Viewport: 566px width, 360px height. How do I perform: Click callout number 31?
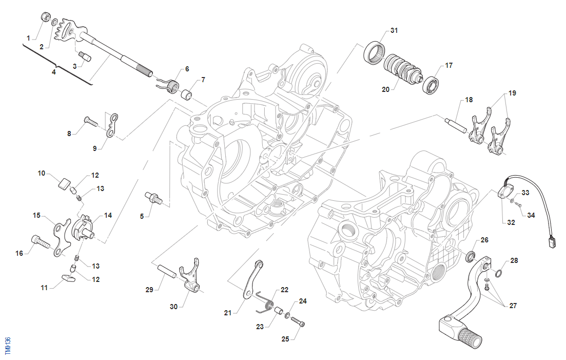tap(394, 31)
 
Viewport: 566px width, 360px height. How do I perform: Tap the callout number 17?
tap(449, 65)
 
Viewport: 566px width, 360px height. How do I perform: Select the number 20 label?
tap(385, 89)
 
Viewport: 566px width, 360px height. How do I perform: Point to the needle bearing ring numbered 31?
tap(375, 52)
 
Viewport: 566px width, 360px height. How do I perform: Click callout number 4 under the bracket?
tap(53, 72)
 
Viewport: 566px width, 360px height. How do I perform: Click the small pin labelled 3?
tap(84, 55)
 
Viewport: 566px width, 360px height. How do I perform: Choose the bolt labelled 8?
tap(90, 122)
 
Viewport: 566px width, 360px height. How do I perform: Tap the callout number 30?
tap(173, 307)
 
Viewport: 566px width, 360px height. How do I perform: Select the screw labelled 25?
tap(298, 323)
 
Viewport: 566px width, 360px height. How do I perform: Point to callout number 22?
tap(284, 290)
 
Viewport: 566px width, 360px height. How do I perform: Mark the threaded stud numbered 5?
tap(153, 197)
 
